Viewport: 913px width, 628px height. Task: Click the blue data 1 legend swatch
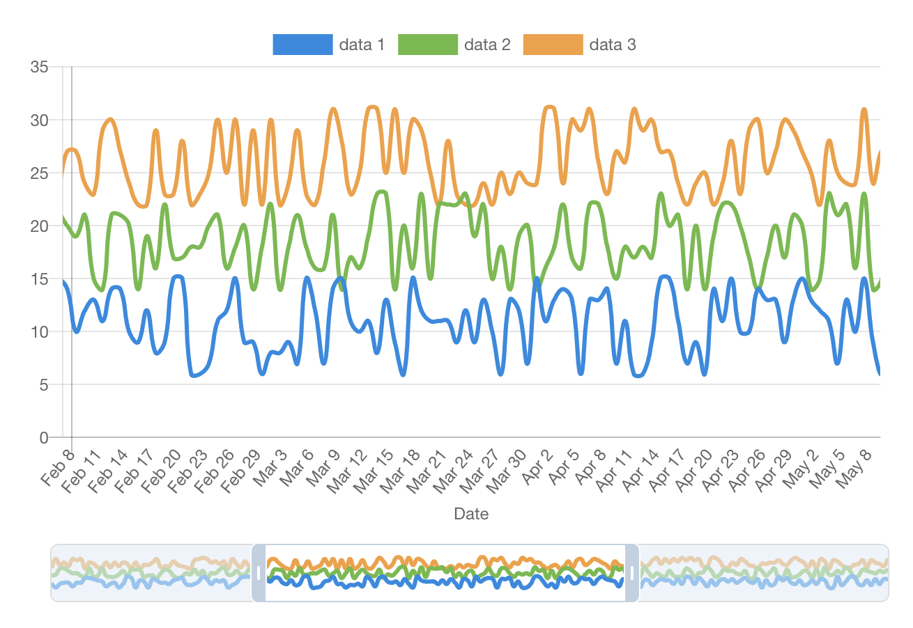click(x=302, y=45)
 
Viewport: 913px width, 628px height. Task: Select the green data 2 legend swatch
click(x=427, y=45)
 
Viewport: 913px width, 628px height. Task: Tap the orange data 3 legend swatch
click(x=553, y=45)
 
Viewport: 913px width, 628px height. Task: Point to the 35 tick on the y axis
click(x=39, y=68)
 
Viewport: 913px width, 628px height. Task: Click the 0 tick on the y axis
click(x=44, y=437)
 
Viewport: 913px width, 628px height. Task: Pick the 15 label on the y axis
click(x=39, y=278)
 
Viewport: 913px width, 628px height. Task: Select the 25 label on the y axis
click(x=39, y=173)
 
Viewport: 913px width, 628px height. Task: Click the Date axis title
click(x=471, y=514)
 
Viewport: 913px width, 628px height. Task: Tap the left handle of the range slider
click(x=259, y=572)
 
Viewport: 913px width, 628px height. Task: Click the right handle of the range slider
click(x=632, y=572)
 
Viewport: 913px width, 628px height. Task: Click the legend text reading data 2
click(x=487, y=45)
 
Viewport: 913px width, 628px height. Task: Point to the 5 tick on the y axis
click(x=44, y=384)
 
